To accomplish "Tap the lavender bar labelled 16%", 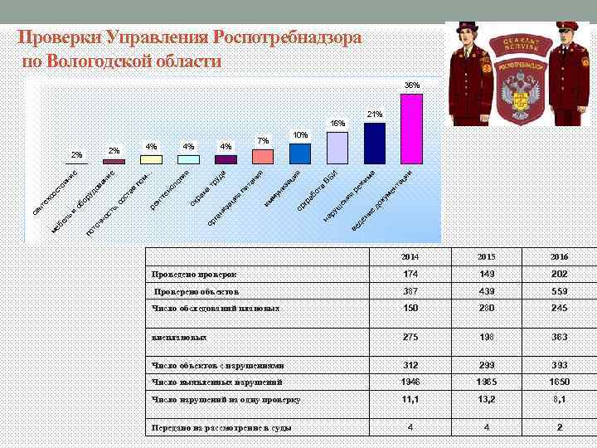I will point(337,147).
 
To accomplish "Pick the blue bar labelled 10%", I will point(300,154).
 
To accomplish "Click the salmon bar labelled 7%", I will point(264,157).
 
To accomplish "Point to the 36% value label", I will point(412,85).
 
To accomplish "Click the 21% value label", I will point(374,114).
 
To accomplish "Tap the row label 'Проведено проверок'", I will point(195,274).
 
